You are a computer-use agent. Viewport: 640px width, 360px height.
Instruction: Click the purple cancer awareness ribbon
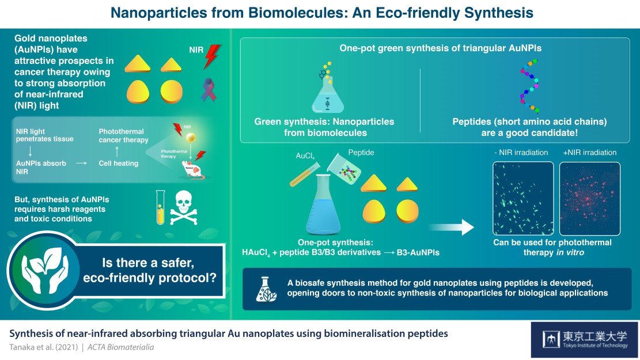(209, 90)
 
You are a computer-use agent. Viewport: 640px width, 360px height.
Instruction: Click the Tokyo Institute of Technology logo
(584, 339)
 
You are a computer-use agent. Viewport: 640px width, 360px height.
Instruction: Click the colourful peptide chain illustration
(528, 85)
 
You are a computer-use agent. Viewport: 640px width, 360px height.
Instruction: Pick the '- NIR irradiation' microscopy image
(522, 198)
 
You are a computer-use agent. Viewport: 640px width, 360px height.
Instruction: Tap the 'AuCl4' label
(305, 156)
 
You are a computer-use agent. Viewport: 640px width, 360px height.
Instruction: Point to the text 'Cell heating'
(118, 164)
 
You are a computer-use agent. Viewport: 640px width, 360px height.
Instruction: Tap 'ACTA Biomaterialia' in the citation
(126, 347)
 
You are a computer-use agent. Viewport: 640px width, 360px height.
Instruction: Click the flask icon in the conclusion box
(265, 289)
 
